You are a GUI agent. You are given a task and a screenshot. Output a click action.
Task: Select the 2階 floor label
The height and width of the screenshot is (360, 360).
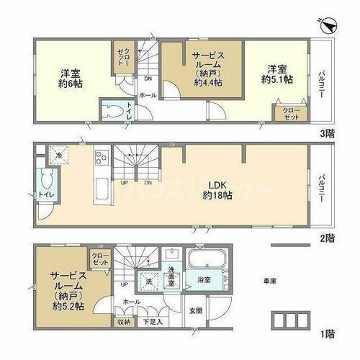pos(327,238)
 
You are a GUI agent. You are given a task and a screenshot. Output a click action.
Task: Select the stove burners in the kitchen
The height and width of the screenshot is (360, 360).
pos(101,157)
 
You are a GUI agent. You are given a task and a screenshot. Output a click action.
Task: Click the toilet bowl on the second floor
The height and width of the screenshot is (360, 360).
pos(50,179)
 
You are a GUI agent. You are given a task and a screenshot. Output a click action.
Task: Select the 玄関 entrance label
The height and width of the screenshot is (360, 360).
pos(195,310)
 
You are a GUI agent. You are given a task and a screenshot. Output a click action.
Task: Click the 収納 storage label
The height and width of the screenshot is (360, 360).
pos(122,322)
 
